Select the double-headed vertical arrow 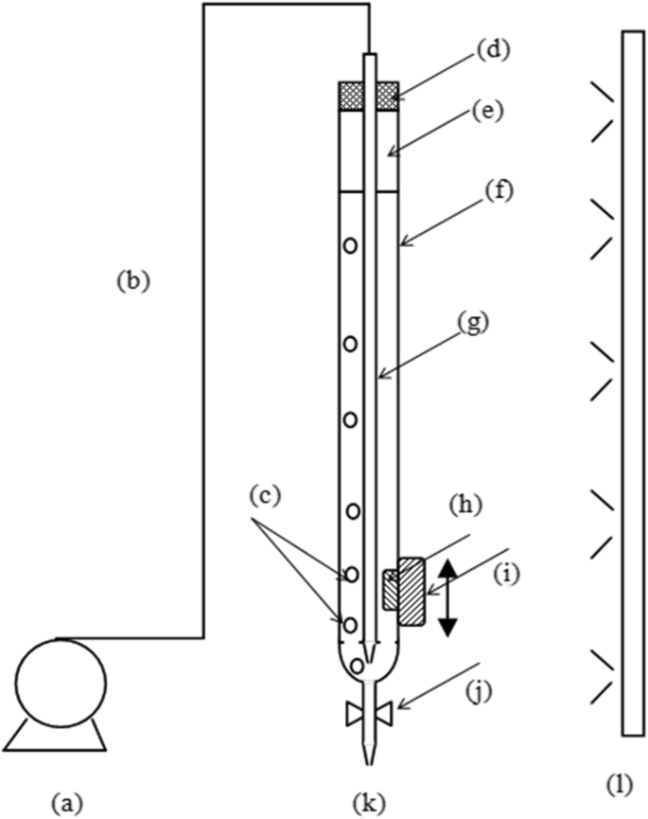(447, 596)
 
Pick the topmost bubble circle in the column (350, 245)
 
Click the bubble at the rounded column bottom (356, 666)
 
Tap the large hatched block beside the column (413, 592)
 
